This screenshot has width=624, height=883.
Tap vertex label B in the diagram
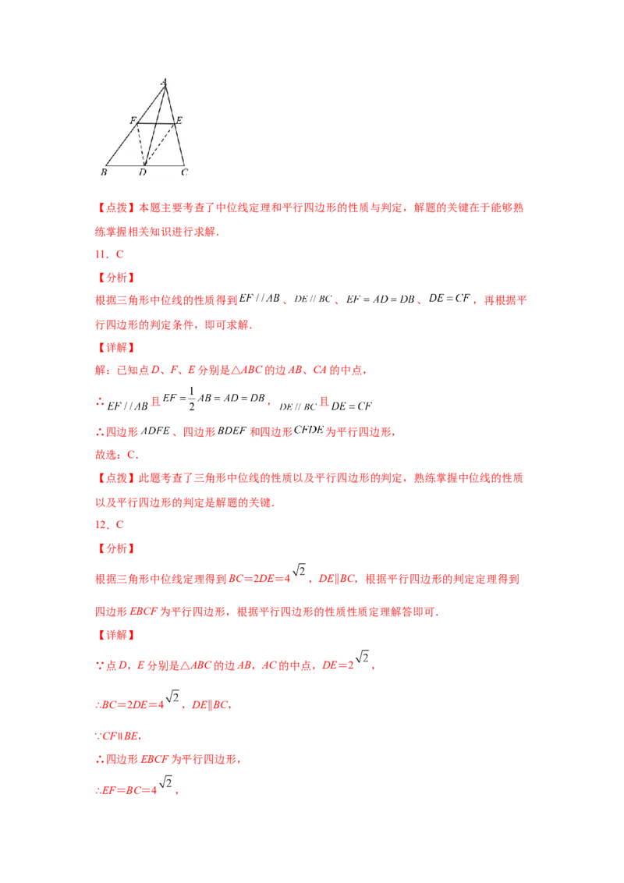104,172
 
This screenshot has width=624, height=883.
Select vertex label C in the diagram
184,172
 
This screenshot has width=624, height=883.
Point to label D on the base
143,172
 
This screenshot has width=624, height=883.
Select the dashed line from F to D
141,144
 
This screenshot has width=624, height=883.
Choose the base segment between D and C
165,165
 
